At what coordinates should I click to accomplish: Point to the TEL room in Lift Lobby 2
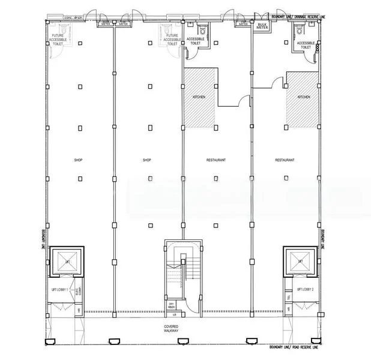point(289,296)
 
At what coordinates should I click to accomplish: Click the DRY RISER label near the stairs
point(172,305)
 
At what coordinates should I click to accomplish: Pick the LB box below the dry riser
point(174,314)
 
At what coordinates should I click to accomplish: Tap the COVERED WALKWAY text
point(172,329)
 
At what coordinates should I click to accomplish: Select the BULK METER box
point(262,25)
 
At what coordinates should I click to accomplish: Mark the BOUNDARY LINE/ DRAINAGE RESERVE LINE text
point(298,17)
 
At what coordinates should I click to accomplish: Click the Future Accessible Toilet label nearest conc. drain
point(60,40)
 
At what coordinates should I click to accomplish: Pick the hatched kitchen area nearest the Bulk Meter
point(302,99)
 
